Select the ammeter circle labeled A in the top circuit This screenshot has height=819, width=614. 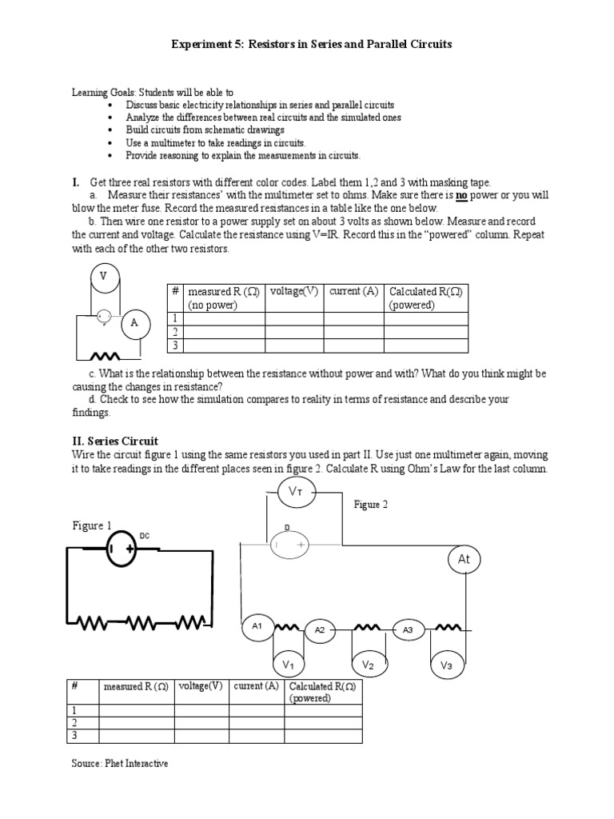(134, 324)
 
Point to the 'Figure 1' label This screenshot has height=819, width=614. (92, 525)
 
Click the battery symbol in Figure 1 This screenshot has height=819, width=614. (122, 551)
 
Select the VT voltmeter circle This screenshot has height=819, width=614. (294, 493)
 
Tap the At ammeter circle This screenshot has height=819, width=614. (464, 561)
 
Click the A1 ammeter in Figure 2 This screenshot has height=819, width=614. (257, 626)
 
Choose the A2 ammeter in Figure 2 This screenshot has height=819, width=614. (320, 630)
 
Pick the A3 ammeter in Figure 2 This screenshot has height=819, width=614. (408, 630)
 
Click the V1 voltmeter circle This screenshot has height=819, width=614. (288, 665)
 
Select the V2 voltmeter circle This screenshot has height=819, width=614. (368, 665)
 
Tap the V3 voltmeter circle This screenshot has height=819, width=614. (447, 665)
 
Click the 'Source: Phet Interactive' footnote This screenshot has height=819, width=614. (120, 764)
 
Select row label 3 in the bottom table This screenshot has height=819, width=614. (74, 735)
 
